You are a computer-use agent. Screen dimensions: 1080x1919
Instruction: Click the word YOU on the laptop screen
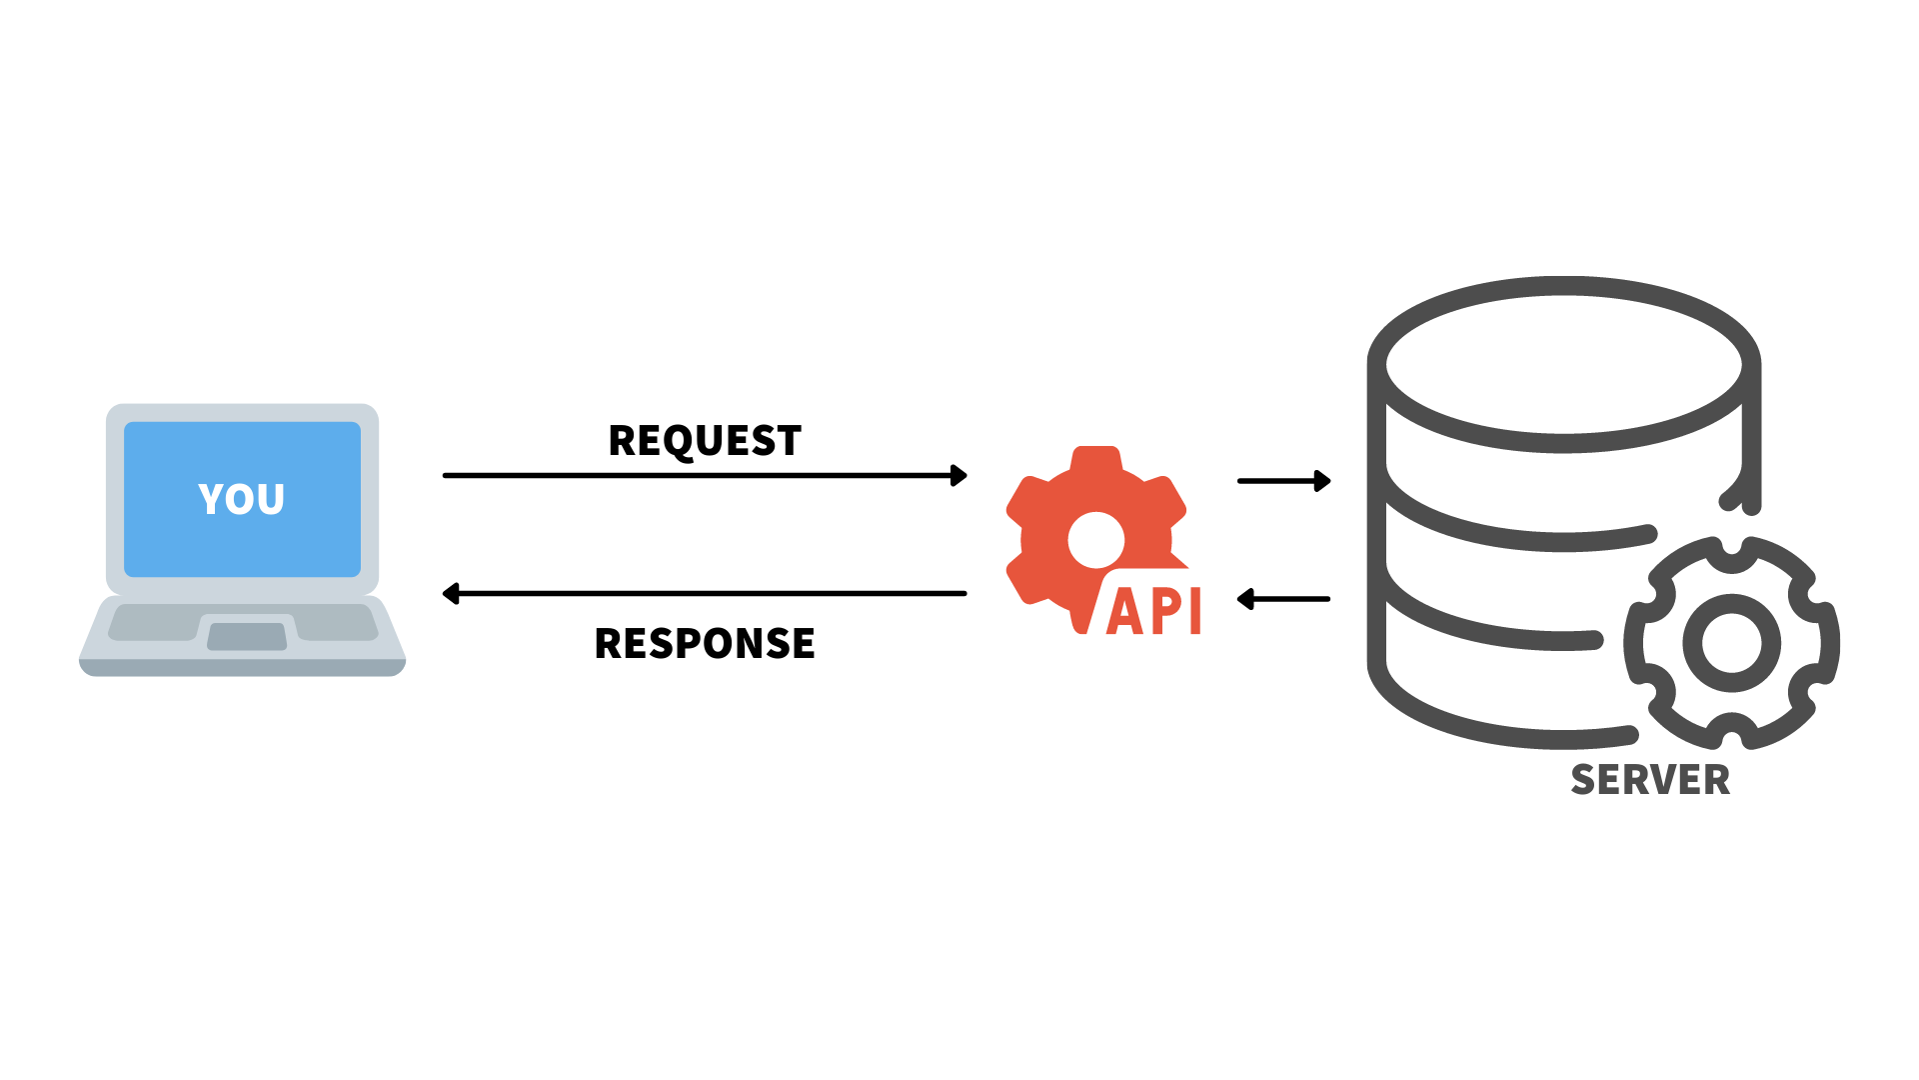coord(241,499)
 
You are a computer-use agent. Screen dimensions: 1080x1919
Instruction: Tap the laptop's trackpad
coord(247,636)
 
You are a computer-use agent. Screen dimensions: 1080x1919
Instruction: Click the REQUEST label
coord(705,441)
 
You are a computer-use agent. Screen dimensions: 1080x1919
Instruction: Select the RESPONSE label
coord(705,643)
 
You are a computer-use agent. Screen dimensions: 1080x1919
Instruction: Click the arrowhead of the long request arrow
coord(959,475)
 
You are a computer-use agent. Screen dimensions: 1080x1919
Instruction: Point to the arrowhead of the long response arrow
coord(451,594)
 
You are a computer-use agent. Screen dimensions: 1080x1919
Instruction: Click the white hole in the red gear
coord(1096,540)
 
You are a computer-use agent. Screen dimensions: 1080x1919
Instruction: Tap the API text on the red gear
coord(1153,611)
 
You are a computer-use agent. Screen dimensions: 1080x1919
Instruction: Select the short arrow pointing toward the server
coord(1283,481)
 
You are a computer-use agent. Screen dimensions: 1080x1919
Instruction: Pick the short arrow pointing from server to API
coord(1283,599)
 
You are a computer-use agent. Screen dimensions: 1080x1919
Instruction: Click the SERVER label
coord(1650,780)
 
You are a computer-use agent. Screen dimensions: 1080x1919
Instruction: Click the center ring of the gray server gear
coord(1732,643)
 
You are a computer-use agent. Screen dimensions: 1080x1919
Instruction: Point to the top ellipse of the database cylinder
coord(1563,365)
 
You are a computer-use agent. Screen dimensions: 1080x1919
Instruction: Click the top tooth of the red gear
coord(1096,458)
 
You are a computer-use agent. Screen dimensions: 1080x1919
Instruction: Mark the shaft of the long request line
coord(700,475)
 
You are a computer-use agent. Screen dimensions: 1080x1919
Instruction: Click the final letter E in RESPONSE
coord(803,643)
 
